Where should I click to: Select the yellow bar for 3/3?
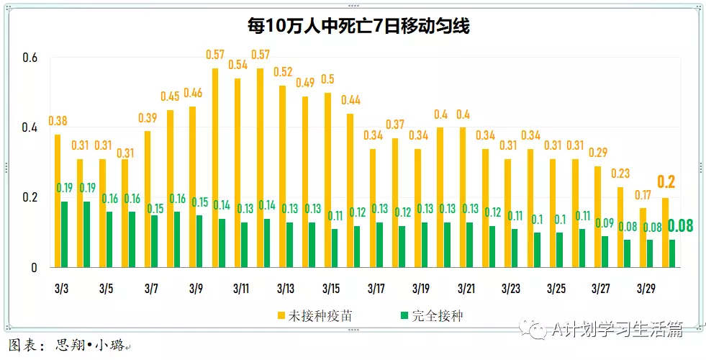tap(58, 201)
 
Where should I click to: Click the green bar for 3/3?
tap(65, 234)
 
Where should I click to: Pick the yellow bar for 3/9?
tap(192, 187)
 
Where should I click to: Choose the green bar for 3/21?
tap(469, 245)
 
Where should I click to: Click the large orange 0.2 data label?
tap(666, 181)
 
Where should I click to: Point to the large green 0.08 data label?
tap(680, 226)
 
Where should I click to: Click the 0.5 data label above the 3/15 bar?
tap(327, 79)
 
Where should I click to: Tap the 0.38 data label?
tap(58, 121)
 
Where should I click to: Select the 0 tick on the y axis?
tap(33, 268)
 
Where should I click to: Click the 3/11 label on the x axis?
tap(241, 289)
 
